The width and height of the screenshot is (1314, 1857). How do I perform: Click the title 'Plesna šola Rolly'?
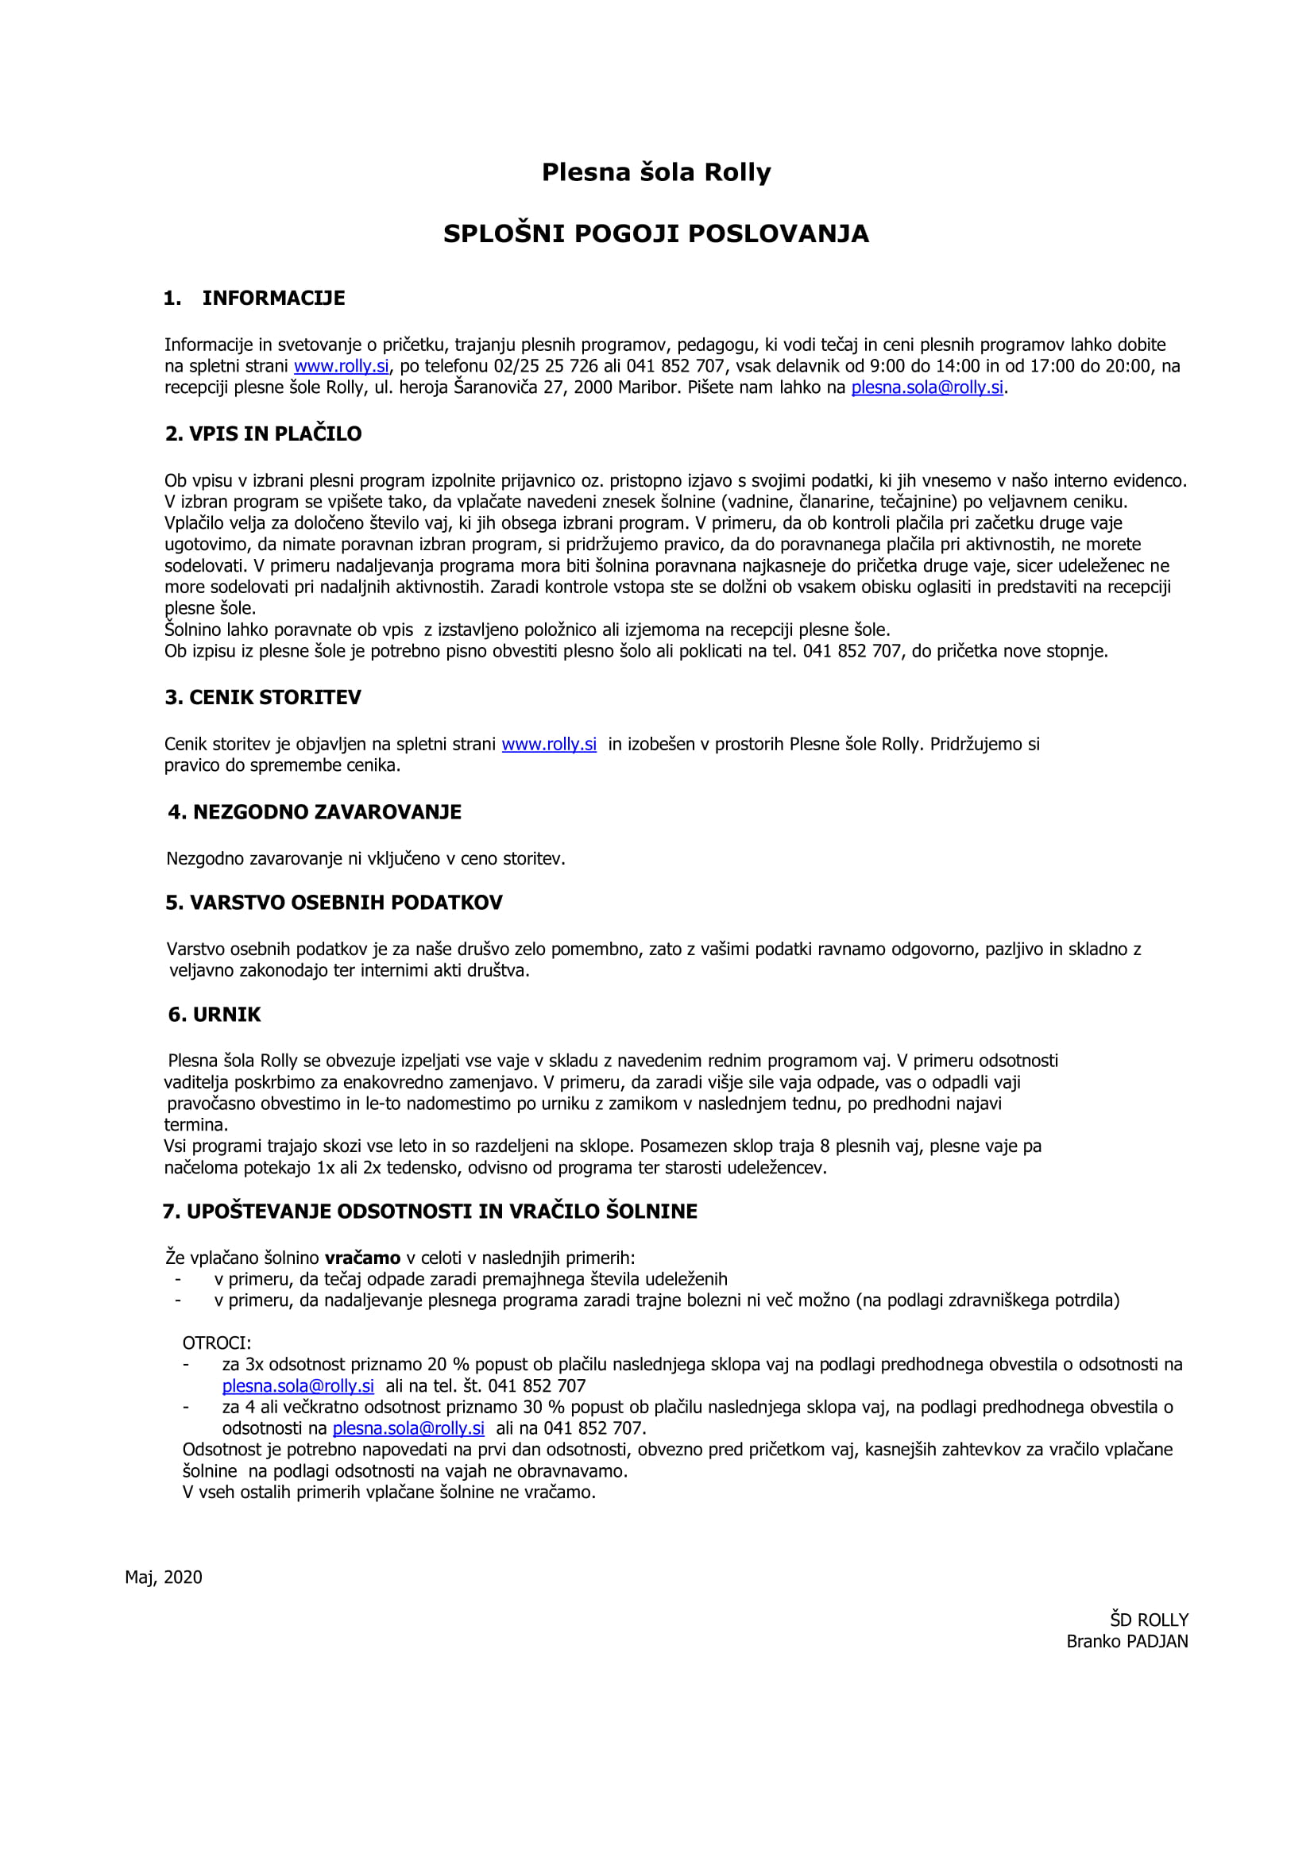(x=656, y=172)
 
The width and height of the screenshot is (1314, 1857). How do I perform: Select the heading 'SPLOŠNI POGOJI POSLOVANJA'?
(x=656, y=233)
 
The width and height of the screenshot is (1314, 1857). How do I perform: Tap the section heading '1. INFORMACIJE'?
(x=254, y=299)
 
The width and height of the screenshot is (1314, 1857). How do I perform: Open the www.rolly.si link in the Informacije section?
(x=341, y=366)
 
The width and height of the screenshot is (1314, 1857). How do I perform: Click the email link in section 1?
(x=926, y=387)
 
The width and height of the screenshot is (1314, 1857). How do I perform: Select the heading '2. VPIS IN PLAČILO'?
(x=263, y=434)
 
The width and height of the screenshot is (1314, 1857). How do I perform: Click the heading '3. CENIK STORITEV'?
(x=263, y=698)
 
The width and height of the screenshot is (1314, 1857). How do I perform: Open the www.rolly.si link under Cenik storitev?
(x=549, y=745)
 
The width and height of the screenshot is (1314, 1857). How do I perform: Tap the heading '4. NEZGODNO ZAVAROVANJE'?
(x=315, y=813)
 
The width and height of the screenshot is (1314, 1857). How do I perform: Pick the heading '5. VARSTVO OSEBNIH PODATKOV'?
(x=334, y=903)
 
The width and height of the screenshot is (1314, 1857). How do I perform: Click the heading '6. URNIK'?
(x=214, y=1015)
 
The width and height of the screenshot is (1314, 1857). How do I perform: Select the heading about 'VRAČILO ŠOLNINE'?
(x=430, y=1212)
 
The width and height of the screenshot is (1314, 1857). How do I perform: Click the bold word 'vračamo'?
(x=362, y=1258)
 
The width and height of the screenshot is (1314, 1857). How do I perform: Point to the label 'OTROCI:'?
(x=217, y=1343)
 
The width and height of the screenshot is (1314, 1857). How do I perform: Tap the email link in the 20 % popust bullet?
(x=298, y=1386)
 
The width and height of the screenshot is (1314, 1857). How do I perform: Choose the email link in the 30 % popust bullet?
(x=408, y=1429)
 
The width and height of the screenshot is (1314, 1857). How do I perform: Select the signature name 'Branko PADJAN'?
(x=1127, y=1642)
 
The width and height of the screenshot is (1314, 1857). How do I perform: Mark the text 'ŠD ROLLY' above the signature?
(x=1148, y=1620)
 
